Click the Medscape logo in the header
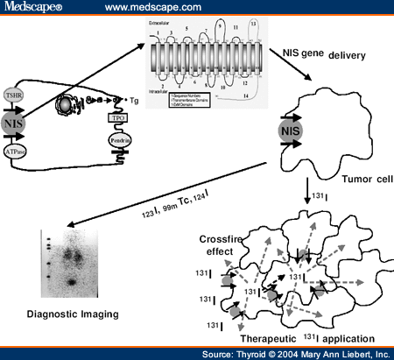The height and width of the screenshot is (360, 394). click(32, 8)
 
